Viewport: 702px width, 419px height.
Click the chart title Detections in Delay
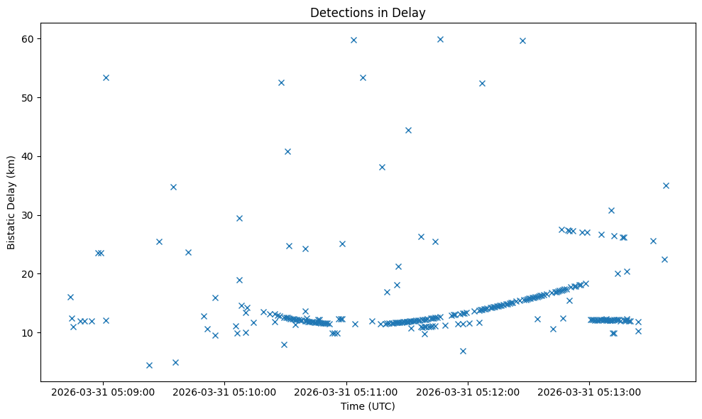368,12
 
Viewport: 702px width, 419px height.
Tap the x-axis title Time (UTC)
368,406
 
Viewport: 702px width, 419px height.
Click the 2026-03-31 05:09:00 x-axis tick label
104,391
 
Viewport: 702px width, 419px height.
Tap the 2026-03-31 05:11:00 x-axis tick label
347,391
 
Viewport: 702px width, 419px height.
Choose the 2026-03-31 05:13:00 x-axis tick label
590,391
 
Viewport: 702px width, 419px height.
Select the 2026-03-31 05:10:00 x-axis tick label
226,391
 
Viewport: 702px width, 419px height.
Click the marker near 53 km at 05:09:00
106,77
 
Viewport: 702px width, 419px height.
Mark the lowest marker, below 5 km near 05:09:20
149,365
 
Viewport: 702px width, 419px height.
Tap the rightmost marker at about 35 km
666,185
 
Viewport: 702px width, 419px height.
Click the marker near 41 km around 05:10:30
287,151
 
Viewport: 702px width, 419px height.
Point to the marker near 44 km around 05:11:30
408,130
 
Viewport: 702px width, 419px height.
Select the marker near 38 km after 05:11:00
382,167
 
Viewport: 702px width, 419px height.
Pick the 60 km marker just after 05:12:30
522,40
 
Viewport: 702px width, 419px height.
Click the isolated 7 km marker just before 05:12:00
463,351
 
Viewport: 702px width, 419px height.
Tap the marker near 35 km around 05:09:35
173,187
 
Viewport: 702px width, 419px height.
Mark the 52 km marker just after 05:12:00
482,83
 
